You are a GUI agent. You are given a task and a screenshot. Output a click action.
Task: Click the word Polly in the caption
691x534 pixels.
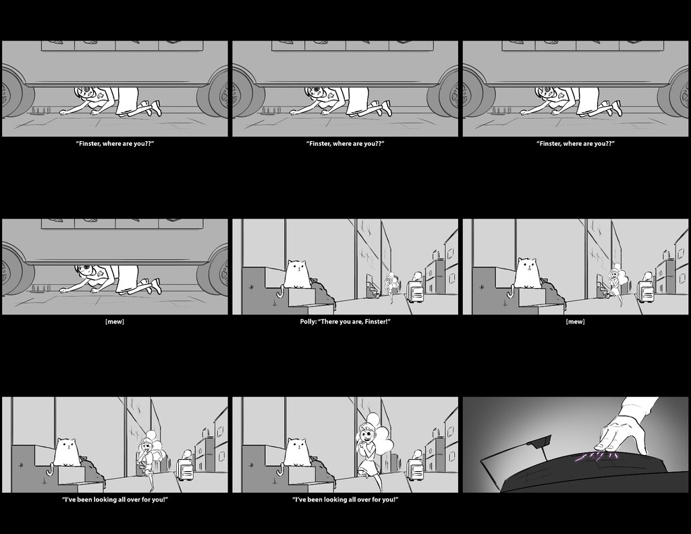point(308,321)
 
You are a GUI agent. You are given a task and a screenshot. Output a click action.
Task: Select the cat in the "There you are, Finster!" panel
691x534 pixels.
point(297,273)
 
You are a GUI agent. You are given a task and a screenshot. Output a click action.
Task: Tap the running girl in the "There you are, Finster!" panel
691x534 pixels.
point(390,288)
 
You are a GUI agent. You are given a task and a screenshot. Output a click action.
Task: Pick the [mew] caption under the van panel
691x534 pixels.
point(115,321)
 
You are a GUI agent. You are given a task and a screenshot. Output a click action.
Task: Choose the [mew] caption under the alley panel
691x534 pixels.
point(575,321)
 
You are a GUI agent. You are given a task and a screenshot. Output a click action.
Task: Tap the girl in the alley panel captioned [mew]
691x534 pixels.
point(615,286)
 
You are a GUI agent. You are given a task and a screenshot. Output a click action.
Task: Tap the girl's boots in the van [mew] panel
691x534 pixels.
point(151,285)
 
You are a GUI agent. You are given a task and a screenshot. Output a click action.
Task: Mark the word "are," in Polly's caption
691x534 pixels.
point(356,321)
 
